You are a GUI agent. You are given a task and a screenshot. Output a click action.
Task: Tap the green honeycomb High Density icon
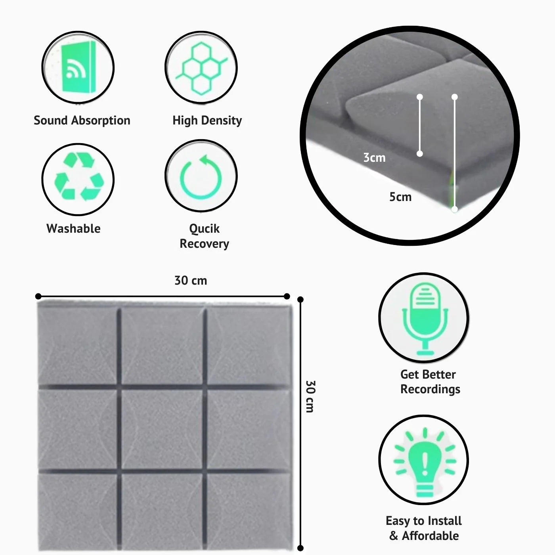(x=202, y=68)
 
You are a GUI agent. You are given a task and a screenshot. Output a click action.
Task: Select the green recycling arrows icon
(x=79, y=176)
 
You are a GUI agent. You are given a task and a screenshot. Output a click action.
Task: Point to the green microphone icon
(x=425, y=319)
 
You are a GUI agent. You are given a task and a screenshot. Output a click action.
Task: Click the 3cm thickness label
(x=374, y=157)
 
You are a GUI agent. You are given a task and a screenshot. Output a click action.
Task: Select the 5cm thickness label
(x=400, y=197)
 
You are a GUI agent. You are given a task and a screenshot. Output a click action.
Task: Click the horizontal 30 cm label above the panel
(x=191, y=280)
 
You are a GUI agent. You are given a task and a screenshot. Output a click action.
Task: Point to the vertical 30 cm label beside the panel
(x=310, y=396)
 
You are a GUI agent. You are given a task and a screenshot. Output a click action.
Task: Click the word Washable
(x=73, y=228)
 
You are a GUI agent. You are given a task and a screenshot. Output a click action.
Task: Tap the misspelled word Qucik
(x=204, y=229)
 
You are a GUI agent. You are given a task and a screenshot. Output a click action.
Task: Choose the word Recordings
(x=430, y=389)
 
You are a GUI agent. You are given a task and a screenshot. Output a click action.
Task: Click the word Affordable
(x=430, y=536)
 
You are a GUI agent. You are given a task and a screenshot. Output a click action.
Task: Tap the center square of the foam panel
(x=162, y=429)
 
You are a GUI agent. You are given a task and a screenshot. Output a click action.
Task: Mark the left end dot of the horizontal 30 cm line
(x=38, y=297)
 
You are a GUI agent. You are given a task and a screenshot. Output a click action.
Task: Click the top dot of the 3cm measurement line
(x=420, y=97)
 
